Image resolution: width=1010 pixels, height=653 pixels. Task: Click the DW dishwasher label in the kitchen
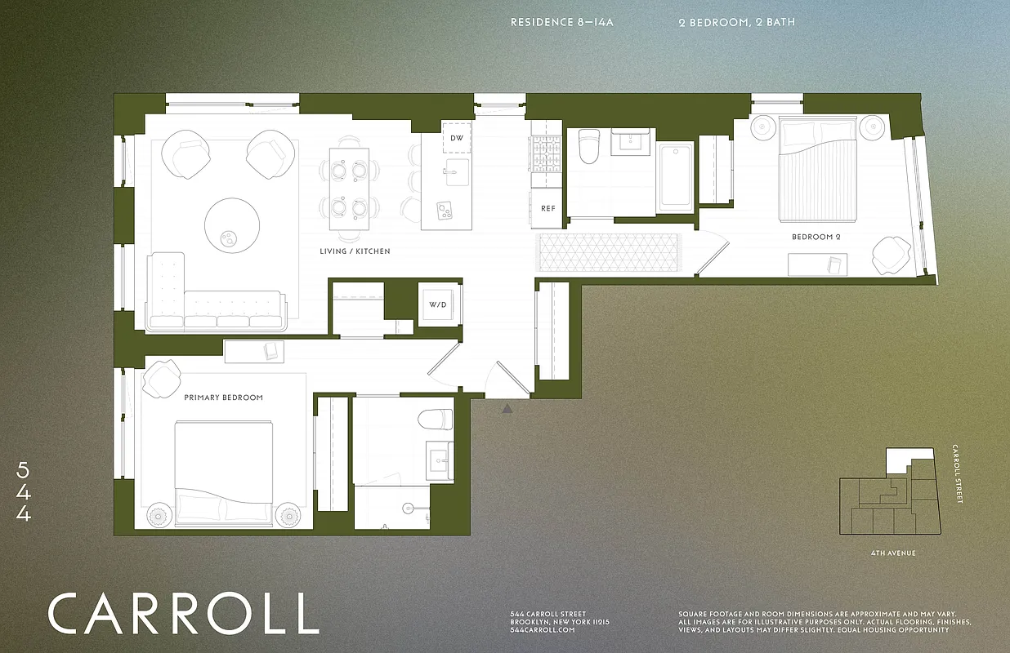pos(457,138)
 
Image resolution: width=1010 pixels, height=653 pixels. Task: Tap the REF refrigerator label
pos(547,209)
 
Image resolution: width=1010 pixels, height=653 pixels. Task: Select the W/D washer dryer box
pos(437,304)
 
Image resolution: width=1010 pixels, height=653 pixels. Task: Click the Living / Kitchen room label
pos(355,251)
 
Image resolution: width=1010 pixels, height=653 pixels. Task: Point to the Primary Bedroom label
pos(223,398)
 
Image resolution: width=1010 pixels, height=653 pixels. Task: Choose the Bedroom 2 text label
pos(816,237)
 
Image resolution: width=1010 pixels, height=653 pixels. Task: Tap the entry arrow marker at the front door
pos(507,408)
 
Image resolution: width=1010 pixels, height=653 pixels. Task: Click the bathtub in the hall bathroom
pos(675,176)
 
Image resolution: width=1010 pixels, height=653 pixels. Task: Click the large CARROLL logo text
pos(183,613)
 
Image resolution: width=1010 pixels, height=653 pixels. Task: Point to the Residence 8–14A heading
pos(561,22)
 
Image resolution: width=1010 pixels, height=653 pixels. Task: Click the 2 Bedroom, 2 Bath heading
pos(736,22)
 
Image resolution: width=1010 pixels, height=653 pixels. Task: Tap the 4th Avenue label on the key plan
pos(893,553)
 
